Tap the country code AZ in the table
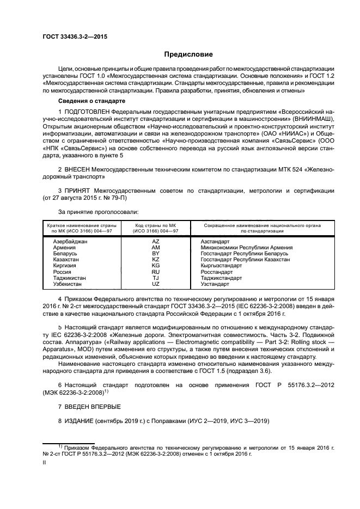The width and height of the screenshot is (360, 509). (155, 241)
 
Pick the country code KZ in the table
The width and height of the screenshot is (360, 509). (155, 260)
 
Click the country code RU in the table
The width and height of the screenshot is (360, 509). (155, 272)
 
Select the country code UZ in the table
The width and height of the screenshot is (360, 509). (155, 284)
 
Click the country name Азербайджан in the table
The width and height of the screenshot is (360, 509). (70, 241)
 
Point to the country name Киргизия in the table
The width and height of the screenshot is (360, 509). (65, 266)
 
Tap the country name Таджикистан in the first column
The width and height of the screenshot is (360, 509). (70, 278)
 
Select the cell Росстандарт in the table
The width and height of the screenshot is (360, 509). (216, 272)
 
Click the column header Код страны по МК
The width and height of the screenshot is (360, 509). (155, 225)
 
